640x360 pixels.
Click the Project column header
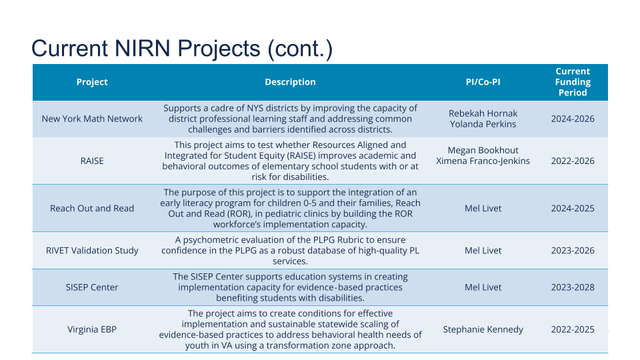point(92,82)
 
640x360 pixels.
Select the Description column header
point(290,82)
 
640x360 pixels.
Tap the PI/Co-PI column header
point(483,82)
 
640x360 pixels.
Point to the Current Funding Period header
point(573,82)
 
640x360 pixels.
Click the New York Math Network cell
point(92,119)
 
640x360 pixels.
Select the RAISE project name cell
point(92,161)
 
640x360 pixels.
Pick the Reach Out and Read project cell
point(92,208)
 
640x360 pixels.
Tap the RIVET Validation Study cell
point(92,250)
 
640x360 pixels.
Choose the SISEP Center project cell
point(92,287)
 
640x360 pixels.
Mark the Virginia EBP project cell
point(92,329)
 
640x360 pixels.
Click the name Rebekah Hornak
point(483,113)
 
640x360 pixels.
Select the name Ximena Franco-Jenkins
point(483,161)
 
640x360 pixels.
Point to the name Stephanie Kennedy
point(483,329)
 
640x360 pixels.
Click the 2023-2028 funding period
point(573,287)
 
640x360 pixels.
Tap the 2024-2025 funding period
point(573,208)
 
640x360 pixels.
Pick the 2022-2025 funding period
point(573,329)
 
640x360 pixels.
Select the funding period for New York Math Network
point(573,119)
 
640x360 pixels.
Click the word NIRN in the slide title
point(142,48)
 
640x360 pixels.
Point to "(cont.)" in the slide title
point(300,49)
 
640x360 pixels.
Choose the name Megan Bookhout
point(483,150)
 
